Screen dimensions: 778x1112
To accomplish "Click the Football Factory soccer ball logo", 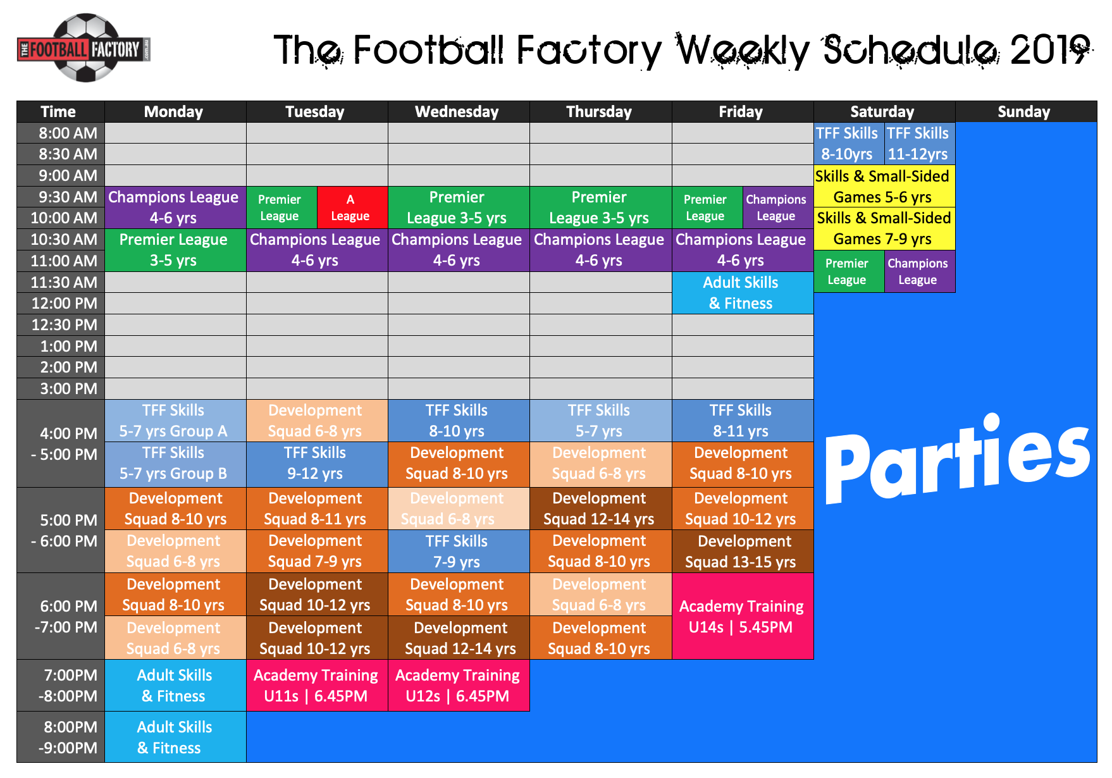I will [x=84, y=49].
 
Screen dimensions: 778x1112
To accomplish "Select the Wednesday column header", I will [x=457, y=112].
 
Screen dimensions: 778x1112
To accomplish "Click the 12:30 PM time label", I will [x=64, y=324].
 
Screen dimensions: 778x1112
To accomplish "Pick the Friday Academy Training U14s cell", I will [x=741, y=616].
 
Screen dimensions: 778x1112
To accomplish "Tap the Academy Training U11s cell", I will [x=316, y=686].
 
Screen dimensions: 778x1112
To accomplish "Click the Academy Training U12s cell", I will [x=458, y=686].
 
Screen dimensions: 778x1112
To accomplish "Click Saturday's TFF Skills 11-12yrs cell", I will [x=918, y=144].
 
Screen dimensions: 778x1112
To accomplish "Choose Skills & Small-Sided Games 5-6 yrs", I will [x=883, y=187].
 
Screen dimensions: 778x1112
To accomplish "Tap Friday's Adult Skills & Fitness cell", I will [x=741, y=293].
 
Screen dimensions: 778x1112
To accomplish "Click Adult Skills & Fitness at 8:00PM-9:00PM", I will [x=175, y=737].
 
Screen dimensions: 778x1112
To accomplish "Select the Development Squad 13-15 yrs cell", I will [x=741, y=552].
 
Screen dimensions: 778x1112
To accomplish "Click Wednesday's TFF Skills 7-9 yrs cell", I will [x=457, y=552].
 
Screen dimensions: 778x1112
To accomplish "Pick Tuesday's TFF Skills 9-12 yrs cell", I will [x=316, y=463].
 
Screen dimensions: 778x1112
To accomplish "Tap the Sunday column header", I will [x=1023, y=112].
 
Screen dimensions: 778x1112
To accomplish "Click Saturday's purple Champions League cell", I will [x=918, y=271].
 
